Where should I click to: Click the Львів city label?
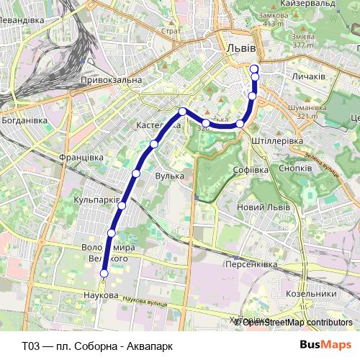click(x=240, y=47)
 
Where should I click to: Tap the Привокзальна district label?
click(x=111, y=80)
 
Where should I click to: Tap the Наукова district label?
click(x=101, y=296)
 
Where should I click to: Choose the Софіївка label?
click(x=251, y=170)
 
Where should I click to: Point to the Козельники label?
click(x=311, y=294)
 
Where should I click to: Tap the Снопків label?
click(x=295, y=167)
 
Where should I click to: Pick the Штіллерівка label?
click(x=278, y=140)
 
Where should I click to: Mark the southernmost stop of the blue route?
click(x=104, y=274)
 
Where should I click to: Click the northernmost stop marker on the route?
click(x=253, y=69)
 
